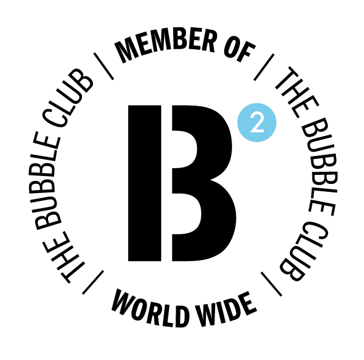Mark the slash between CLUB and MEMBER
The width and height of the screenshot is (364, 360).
[x=103, y=66]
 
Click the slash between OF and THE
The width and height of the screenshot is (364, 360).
[x=264, y=67]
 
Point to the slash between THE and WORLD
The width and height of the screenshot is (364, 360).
[x=93, y=282]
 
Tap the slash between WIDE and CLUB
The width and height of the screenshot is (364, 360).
[x=271, y=284]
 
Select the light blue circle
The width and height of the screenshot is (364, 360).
[x=257, y=123]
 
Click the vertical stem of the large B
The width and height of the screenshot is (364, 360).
[x=145, y=183]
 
